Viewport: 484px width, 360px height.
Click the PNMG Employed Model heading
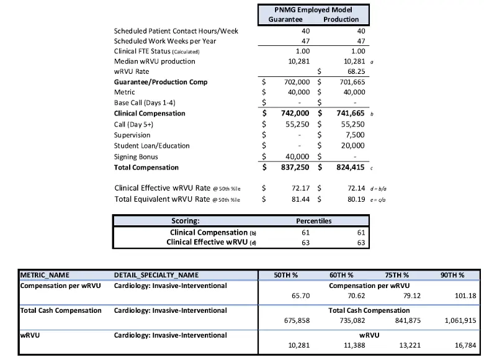313,9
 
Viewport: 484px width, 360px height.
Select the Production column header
341,19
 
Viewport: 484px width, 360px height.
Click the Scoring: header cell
186,220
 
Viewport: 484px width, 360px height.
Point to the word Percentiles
313,220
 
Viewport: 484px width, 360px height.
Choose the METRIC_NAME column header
45,274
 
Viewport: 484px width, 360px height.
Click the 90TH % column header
452,274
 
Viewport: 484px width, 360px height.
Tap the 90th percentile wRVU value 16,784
459,346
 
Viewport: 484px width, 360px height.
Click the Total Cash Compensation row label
61,310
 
